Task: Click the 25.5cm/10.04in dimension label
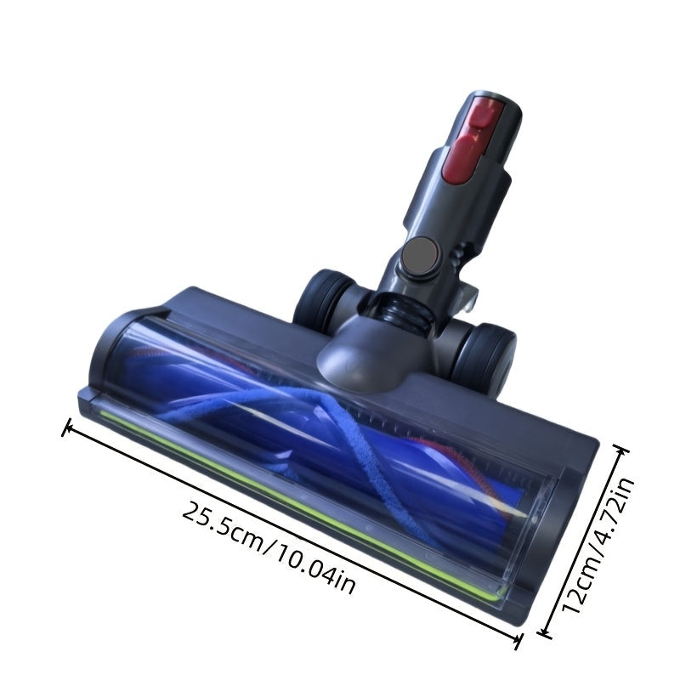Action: click(269, 547)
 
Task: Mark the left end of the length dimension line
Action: click(65, 428)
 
